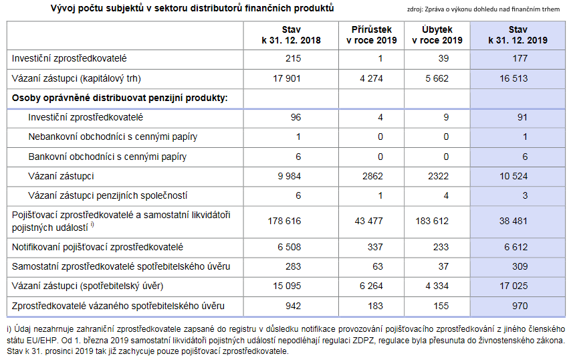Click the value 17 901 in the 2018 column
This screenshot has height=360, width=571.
pos(287,78)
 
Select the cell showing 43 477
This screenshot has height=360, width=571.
pos(368,221)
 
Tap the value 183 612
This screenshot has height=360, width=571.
pos(432,221)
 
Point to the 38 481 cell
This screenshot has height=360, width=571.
pos(513,221)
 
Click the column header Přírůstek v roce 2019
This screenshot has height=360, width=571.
pos(372,35)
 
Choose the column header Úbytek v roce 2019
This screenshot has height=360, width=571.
pos(437,35)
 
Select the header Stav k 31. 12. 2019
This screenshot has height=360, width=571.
pos(518,35)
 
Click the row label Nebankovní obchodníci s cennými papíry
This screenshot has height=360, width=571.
pos(113,137)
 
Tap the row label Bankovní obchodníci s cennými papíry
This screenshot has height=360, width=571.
pos(108,157)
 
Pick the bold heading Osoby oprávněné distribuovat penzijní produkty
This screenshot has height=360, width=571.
pos(120,98)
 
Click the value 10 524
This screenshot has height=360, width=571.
pos(513,177)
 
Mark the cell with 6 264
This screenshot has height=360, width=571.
pos(371,286)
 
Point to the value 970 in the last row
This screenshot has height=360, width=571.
pos(520,306)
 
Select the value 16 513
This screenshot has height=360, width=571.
pos(513,78)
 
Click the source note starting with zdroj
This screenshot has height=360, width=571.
pos(483,9)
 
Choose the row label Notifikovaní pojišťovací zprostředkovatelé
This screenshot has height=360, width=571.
pos(97,247)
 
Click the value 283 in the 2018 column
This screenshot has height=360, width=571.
pos(293,267)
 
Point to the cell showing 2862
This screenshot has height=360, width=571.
pos(372,177)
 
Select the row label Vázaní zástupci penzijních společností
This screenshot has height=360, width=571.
pos(108,196)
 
